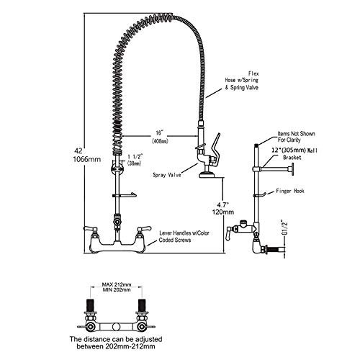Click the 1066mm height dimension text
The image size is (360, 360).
click(x=87, y=159)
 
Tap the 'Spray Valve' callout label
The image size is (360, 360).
click(x=167, y=175)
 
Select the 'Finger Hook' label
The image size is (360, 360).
click(x=290, y=191)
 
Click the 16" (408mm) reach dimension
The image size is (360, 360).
click(x=160, y=137)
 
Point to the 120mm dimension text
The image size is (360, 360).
click(x=223, y=212)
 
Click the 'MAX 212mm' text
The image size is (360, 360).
click(x=117, y=284)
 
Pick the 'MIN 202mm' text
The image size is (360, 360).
click(x=117, y=290)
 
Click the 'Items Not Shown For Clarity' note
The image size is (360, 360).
click(x=296, y=137)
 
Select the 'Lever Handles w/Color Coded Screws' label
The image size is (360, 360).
click(x=184, y=236)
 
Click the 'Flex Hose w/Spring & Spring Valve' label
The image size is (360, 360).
click(x=242, y=81)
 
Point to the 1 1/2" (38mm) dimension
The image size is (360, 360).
click(x=135, y=160)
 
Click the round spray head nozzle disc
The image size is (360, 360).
click(x=208, y=174)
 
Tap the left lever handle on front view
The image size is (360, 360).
click(x=90, y=228)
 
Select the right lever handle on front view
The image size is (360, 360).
click(x=143, y=228)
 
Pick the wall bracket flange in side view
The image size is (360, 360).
click(x=293, y=169)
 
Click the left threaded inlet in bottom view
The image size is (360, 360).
click(x=90, y=305)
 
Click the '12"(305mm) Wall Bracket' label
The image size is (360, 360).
click(x=294, y=154)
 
